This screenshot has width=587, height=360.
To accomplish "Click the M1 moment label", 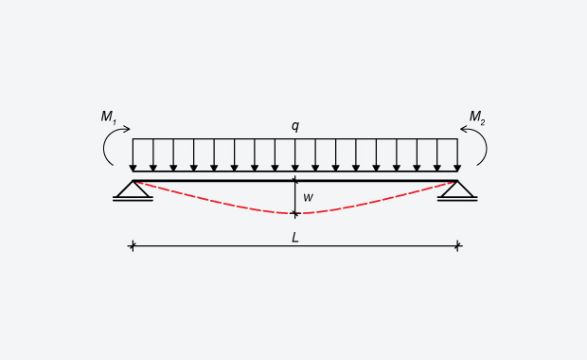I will [x=109, y=117].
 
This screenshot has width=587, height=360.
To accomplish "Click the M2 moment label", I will [x=477, y=117].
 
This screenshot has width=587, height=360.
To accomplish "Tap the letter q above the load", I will [x=295, y=126].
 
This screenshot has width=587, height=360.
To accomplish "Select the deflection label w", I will [x=308, y=198].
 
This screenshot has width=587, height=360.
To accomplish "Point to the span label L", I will [x=295, y=237].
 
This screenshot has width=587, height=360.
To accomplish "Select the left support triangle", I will [x=133, y=189].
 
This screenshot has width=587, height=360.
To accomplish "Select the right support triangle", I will [x=457, y=189].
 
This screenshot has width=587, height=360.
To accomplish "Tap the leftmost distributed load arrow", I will [x=133, y=156].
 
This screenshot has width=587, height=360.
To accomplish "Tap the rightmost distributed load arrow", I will [x=457, y=156].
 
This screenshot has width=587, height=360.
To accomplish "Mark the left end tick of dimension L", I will [x=133, y=246].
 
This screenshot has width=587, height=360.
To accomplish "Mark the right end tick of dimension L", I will [x=457, y=246].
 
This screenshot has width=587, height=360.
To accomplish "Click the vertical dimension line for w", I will [x=294, y=197].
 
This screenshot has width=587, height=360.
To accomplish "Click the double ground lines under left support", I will [x=133, y=199].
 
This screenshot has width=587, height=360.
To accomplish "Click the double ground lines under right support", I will [x=457, y=199].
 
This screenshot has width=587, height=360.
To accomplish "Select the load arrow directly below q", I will [x=294, y=156].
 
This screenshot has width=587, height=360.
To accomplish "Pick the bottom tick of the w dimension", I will [x=294, y=214].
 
